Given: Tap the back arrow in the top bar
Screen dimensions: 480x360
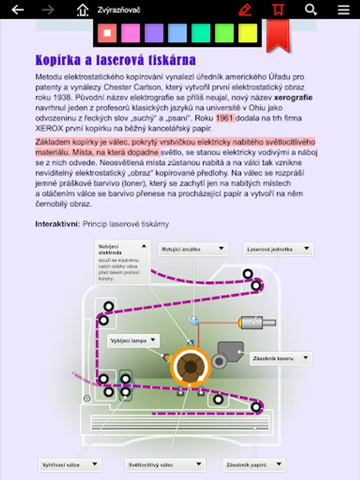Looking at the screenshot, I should pos(18,10).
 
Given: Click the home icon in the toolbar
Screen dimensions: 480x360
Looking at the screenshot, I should pos(82,10).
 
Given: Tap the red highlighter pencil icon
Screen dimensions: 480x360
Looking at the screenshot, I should pos(245,10).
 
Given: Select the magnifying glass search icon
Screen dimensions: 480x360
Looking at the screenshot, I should pos(311,10).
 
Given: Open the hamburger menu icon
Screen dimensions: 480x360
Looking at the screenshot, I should pos(344,10).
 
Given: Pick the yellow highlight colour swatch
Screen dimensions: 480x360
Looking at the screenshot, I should pos(247,33).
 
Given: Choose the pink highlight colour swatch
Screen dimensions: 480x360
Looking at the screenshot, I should pos(130,33).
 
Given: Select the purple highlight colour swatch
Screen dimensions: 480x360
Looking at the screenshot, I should pos(154,33).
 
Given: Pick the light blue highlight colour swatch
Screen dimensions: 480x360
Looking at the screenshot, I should pos(177,33).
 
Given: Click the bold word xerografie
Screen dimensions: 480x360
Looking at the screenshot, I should pos(293,98).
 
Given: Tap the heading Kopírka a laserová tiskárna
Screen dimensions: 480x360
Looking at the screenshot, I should pos(115,59).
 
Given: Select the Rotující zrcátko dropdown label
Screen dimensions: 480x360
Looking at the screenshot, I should pos(193,249).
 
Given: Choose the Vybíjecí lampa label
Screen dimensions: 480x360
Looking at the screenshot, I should pos(134,340).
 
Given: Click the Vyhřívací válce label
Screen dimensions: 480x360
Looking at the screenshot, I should pos(69,465).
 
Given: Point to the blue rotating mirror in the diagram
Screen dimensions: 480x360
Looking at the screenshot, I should pos(194,321).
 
